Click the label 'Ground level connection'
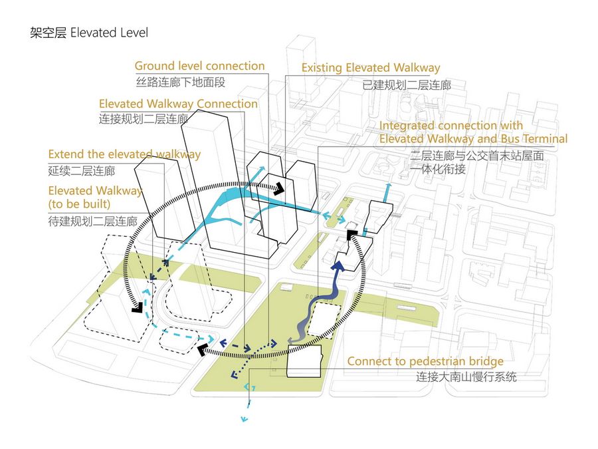[199, 66]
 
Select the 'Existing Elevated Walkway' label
[370, 68]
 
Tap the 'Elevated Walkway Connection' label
[178, 104]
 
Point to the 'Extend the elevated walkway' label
[124, 154]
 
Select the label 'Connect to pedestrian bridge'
[425, 362]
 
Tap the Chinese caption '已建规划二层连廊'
[407, 85]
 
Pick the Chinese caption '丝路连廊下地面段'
[181, 82]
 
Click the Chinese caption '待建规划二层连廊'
[92, 220]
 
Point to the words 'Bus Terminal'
[534, 138]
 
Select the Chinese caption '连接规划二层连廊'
[144, 120]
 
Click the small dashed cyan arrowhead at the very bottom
[245, 419]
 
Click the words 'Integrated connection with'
[450, 125]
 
